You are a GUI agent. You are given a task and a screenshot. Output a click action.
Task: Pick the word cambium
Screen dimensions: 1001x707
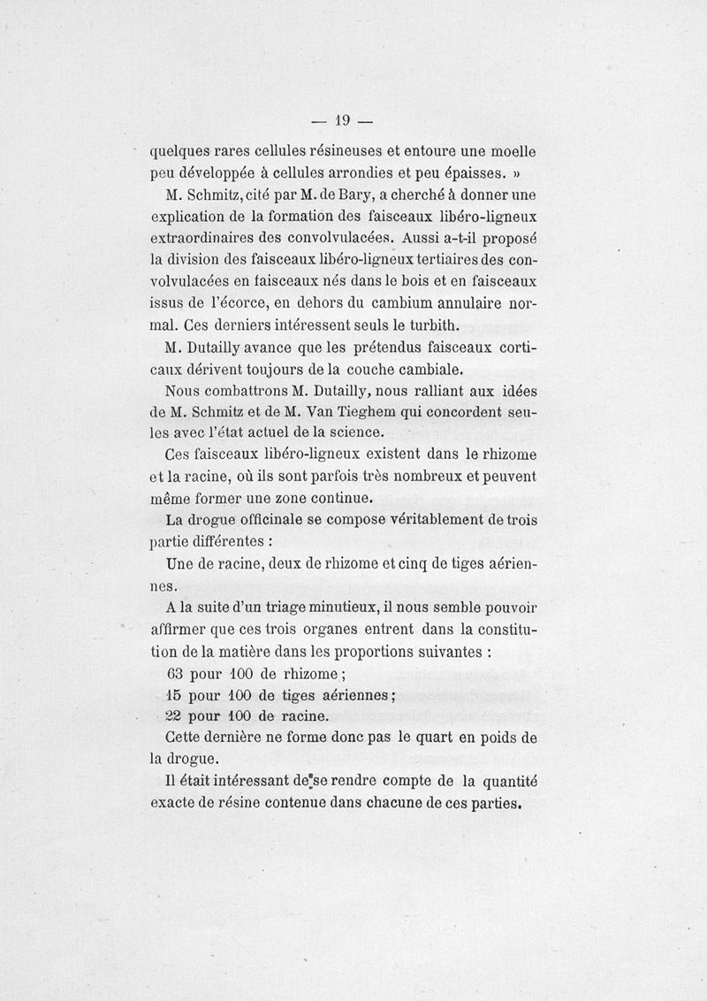(420, 304)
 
